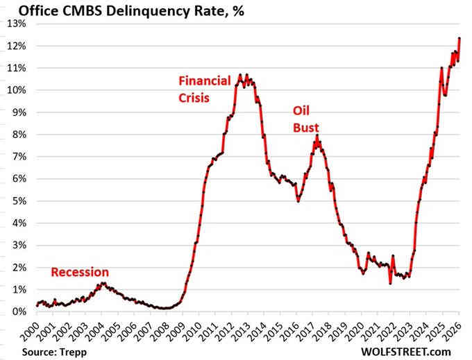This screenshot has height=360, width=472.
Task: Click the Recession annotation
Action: pos(80,272)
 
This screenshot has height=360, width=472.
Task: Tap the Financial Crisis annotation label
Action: pos(205,87)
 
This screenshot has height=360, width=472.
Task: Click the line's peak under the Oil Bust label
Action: pos(317,136)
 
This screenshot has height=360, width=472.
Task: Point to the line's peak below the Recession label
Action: pos(101,283)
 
